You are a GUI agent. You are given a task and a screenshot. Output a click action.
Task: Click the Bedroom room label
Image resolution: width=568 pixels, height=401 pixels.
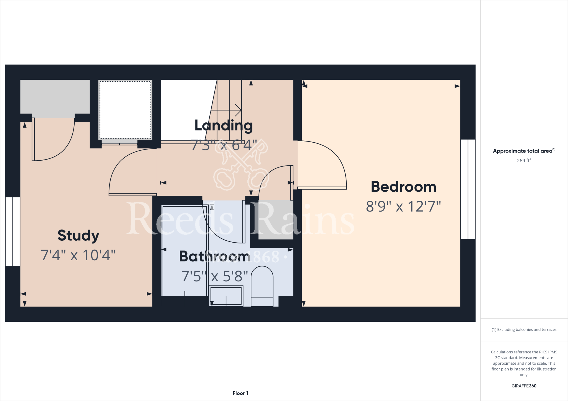pyautogui.click(x=403, y=187)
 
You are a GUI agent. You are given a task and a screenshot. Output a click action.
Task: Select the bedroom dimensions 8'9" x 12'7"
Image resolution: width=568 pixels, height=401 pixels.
pyautogui.click(x=403, y=207)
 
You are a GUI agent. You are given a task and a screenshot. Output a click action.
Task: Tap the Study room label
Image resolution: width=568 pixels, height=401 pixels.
pyautogui.click(x=78, y=235)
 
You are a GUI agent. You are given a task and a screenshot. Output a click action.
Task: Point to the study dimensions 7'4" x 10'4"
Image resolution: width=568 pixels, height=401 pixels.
pyautogui.click(x=78, y=255)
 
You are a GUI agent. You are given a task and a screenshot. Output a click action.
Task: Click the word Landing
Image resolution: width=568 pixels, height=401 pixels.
pyautogui.click(x=224, y=125)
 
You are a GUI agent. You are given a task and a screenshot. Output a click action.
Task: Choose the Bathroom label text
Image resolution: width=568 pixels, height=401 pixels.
pyautogui.click(x=214, y=256)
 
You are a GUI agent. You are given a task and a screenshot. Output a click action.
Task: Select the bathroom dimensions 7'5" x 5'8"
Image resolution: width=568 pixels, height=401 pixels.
pyautogui.click(x=214, y=276)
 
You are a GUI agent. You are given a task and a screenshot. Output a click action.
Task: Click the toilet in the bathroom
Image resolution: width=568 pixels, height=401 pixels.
pyautogui.click(x=262, y=287)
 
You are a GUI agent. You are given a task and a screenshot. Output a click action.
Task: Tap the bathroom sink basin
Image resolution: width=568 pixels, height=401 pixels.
pyautogui.click(x=226, y=296)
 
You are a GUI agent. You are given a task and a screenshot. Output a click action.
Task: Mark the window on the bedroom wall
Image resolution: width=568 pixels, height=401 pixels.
pyautogui.click(x=468, y=189)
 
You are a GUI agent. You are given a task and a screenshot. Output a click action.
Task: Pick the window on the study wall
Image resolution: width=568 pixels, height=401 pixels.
pyautogui.click(x=13, y=232)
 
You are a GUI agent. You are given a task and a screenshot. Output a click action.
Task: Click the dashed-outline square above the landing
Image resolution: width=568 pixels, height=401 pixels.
pyautogui.click(x=125, y=110)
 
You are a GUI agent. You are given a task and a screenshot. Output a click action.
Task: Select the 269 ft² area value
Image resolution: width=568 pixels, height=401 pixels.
pyautogui.click(x=524, y=161)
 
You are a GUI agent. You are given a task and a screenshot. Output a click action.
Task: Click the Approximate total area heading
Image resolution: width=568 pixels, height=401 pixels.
pyautogui.click(x=524, y=151)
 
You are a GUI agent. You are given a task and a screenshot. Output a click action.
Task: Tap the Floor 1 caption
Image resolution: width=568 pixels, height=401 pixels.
pyautogui.click(x=240, y=393)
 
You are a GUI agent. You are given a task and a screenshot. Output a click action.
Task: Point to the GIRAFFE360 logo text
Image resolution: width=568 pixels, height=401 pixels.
pyautogui.click(x=524, y=386)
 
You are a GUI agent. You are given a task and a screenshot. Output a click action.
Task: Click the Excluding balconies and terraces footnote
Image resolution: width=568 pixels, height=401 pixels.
pyautogui.click(x=524, y=330)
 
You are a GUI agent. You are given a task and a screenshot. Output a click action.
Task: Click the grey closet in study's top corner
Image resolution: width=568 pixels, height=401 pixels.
pyautogui.click(x=55, y=97)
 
